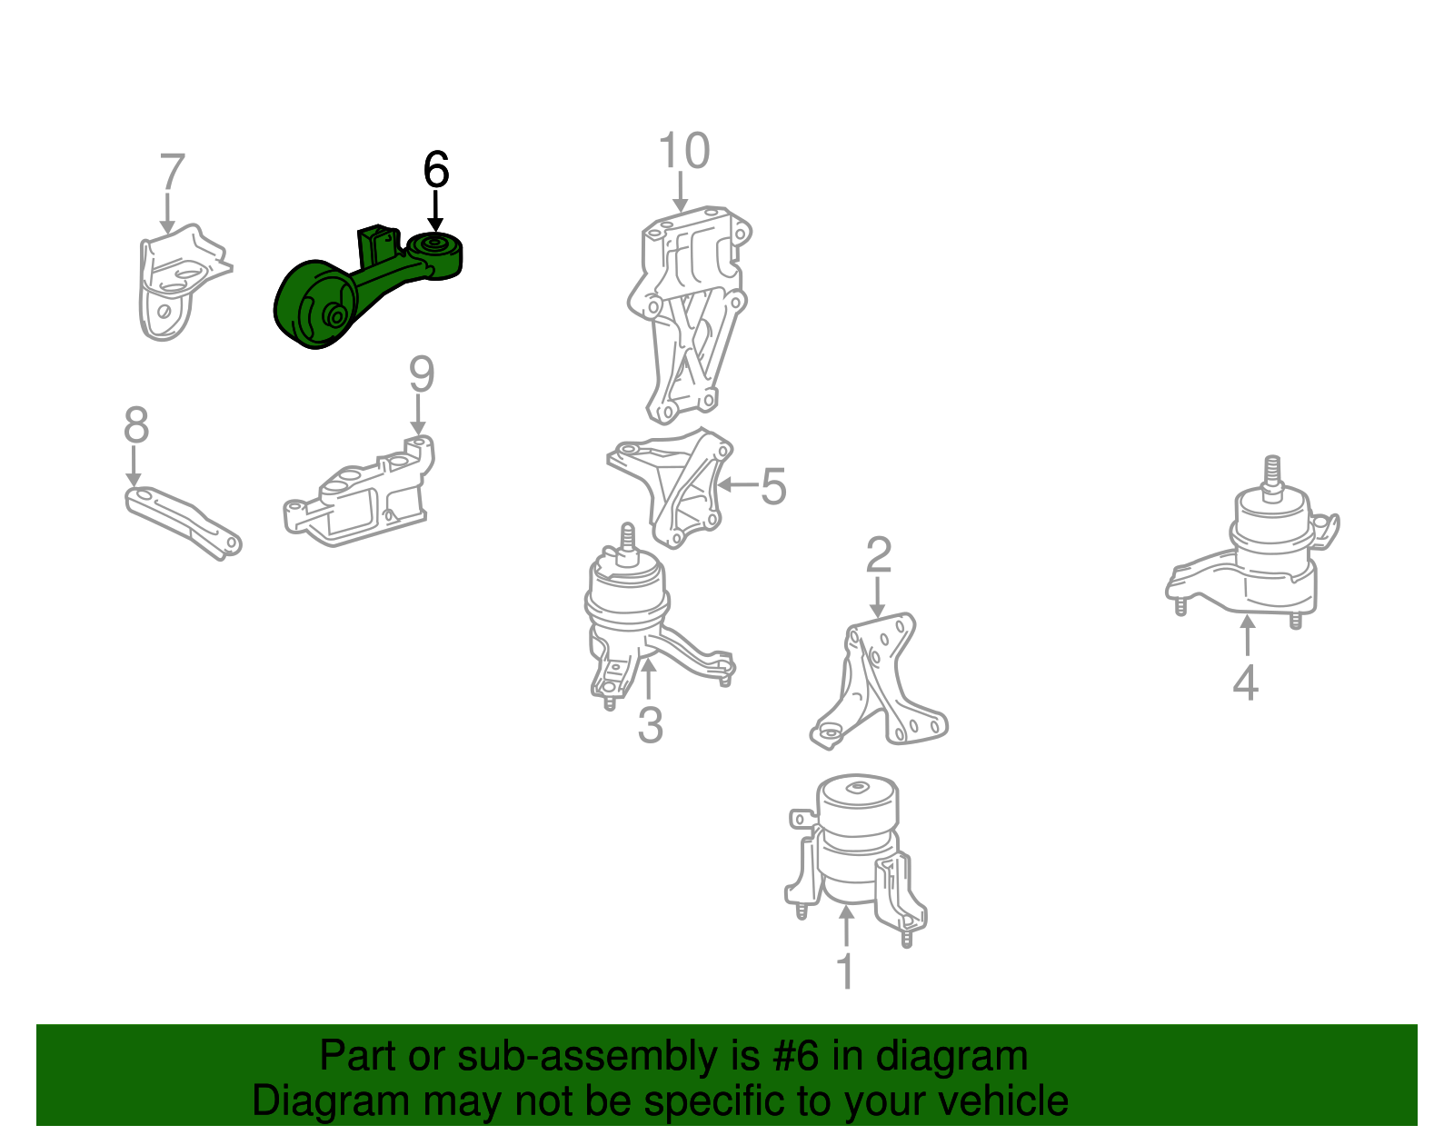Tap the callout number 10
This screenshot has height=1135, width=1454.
pyautogui.click(x=684, y=151)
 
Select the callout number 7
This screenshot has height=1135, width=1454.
pyautogui.click(x=172, y=172)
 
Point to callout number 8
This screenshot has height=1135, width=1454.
pyautogui.click(x=135, y=424)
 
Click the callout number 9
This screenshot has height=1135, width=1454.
pyautogui.click(x=422, y=373)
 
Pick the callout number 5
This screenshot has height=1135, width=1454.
pyautogui.click(x=773, y=486)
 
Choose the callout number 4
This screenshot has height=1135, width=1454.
pyautogui.click(x=1246, y=682)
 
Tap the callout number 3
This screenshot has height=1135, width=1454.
pyautogui.click(x=651, y=725)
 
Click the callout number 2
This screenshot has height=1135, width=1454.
pyautogui.click(x=879, y=554)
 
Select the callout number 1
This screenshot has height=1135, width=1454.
pyautogui.click(x=846, y=971)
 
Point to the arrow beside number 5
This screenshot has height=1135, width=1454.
pyautogui.click(x=738, y=484)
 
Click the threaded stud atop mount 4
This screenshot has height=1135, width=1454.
pyautogui.click(x=1272, y=477)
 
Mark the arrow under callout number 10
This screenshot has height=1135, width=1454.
pyautogui.click(x=681, y=192)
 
